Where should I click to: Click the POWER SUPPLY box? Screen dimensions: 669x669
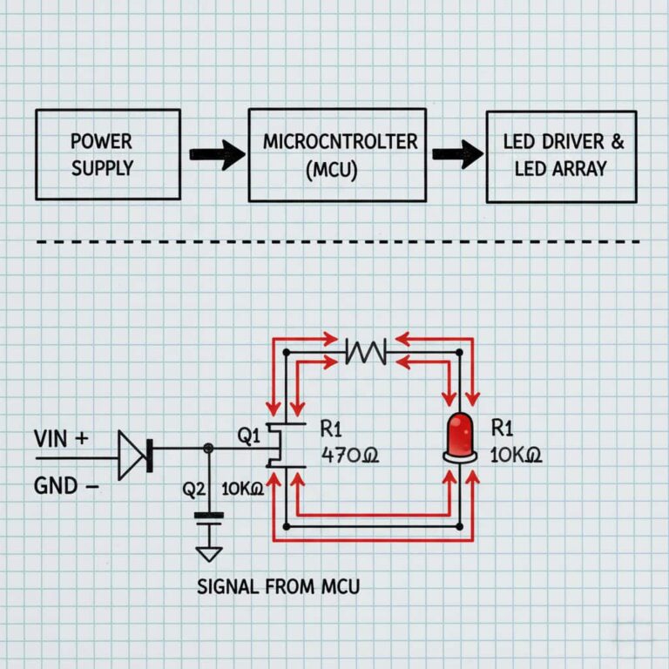(108, 154)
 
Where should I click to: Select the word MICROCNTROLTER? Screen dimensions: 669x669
(339, 141)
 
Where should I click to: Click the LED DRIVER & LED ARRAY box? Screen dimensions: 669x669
(560, 156)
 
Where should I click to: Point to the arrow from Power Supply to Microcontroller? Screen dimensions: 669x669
(217, 156)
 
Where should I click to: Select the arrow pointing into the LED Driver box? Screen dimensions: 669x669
(457, 156)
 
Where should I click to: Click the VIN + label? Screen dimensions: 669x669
(60, 439)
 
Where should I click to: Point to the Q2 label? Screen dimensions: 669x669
(193, 490)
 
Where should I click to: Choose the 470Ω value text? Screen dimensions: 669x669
(350, 455)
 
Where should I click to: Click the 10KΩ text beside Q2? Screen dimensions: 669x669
(243, 490)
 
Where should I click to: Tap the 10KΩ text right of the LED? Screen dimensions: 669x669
(517, 455)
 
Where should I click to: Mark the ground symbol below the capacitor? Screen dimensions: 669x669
(209, 553)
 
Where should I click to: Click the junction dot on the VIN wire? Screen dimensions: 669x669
(208, 448)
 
